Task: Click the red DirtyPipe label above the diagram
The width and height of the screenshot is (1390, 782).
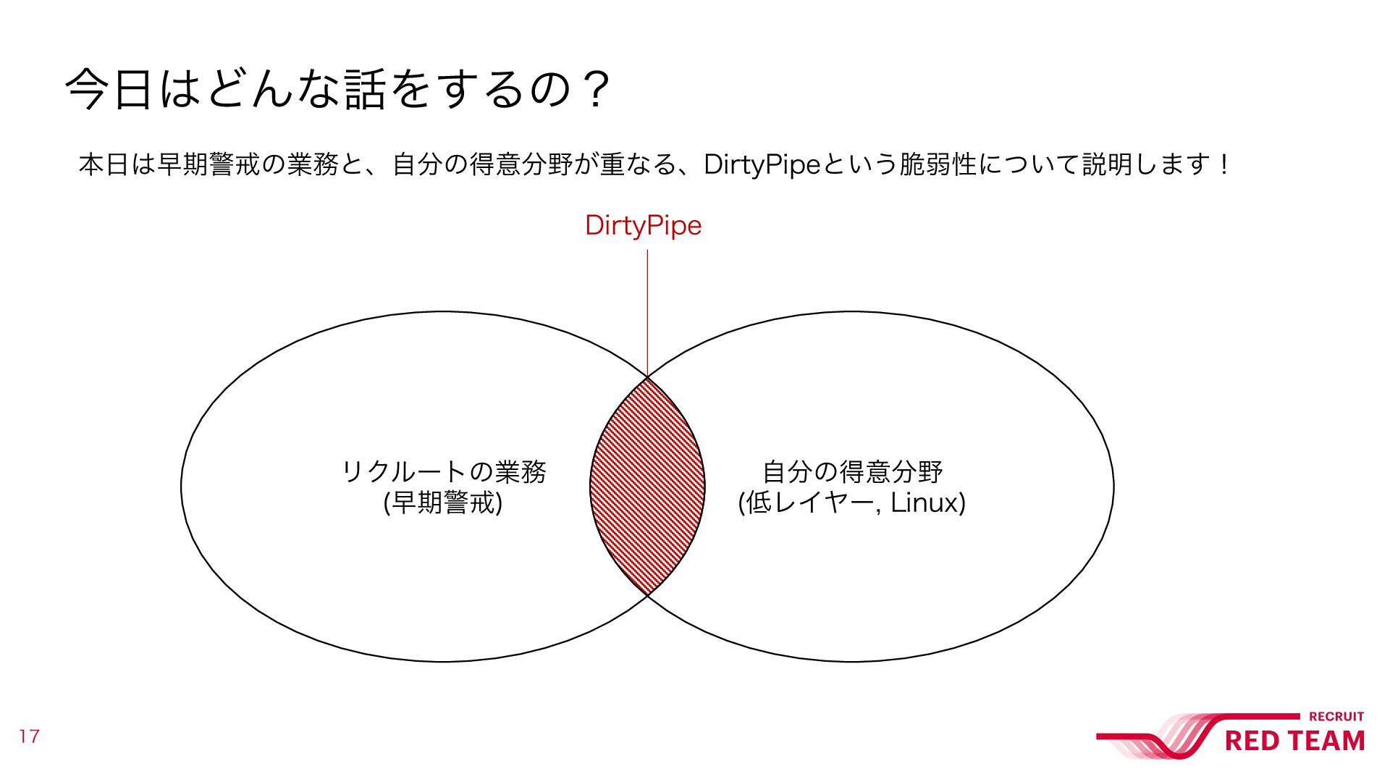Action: coord(643,225)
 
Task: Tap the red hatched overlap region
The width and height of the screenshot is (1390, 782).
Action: coord(647,485)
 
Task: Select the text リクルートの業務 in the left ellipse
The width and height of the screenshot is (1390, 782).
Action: coord(443,471)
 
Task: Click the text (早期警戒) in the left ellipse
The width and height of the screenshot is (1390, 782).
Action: coord(443,503)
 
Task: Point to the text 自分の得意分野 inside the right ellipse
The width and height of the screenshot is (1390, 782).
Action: coord(852,471)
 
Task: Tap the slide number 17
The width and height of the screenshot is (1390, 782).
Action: coord(29,736)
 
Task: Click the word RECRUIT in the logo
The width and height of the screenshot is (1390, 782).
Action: coord(1336,717)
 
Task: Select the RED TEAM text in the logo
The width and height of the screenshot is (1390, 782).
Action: coord(1294,741)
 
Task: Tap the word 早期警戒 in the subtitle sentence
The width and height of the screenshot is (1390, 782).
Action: coord(207,165)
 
